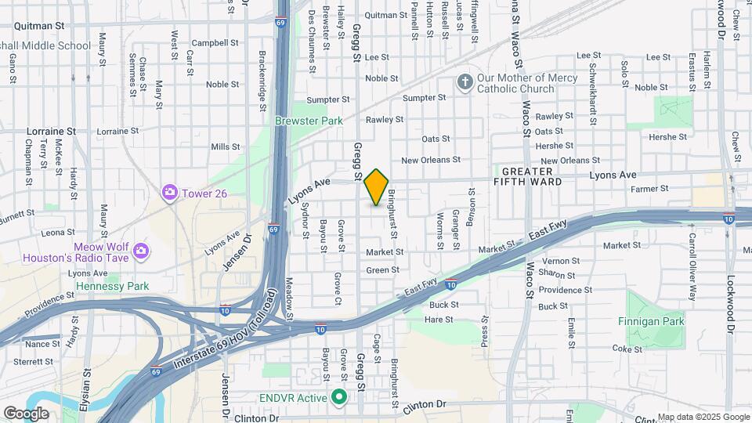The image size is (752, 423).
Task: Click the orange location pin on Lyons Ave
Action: click(x=377, y=186)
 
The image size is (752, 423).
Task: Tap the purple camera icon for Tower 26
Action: click(x=169, y=192)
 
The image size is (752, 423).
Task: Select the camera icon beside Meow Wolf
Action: click(x=141, y=251)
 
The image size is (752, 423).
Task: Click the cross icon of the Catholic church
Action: click(x=465, y=82)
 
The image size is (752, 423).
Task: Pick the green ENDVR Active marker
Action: click(x=339, y=398)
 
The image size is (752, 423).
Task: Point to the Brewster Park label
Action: click(x=309, y=121)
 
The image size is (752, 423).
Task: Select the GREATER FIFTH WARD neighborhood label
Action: click(x=527, y=176)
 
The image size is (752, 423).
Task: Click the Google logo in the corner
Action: click(x=27, y=413)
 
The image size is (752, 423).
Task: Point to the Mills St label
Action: click(x=225, y=146)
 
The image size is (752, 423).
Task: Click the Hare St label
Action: click(x=439, y=320)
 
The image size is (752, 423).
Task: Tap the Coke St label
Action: click(x=627, y=349)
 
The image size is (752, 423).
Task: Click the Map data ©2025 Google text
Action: click(x=702, y=417)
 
